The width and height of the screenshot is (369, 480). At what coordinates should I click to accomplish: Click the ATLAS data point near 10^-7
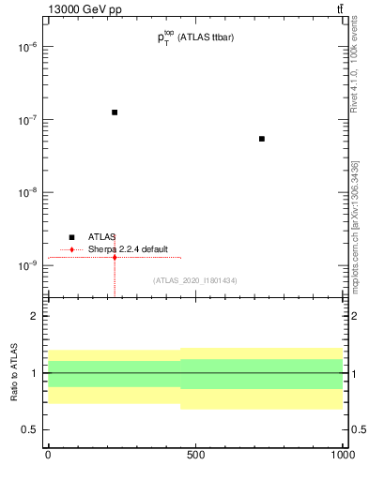click(115, 112)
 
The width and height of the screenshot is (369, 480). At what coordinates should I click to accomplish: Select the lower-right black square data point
click(262, 139)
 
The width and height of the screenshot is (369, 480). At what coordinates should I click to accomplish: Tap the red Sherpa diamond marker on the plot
click(115, 257)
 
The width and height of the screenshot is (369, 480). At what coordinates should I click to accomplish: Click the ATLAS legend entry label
click(102, 237)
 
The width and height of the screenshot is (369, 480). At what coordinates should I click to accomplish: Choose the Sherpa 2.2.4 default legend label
click(129, 249)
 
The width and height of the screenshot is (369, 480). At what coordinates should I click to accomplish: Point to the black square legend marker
click(71, 237)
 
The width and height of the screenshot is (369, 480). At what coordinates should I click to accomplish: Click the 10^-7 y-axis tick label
click(23, 119)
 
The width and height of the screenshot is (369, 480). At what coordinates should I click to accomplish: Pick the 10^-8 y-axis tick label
click(23, 192)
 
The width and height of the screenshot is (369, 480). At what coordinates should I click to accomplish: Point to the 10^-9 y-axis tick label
click(23, 265)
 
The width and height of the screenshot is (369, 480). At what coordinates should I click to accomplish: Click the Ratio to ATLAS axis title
click(13, 373)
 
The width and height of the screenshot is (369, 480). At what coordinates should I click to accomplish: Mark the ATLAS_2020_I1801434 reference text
click(194, 280)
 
